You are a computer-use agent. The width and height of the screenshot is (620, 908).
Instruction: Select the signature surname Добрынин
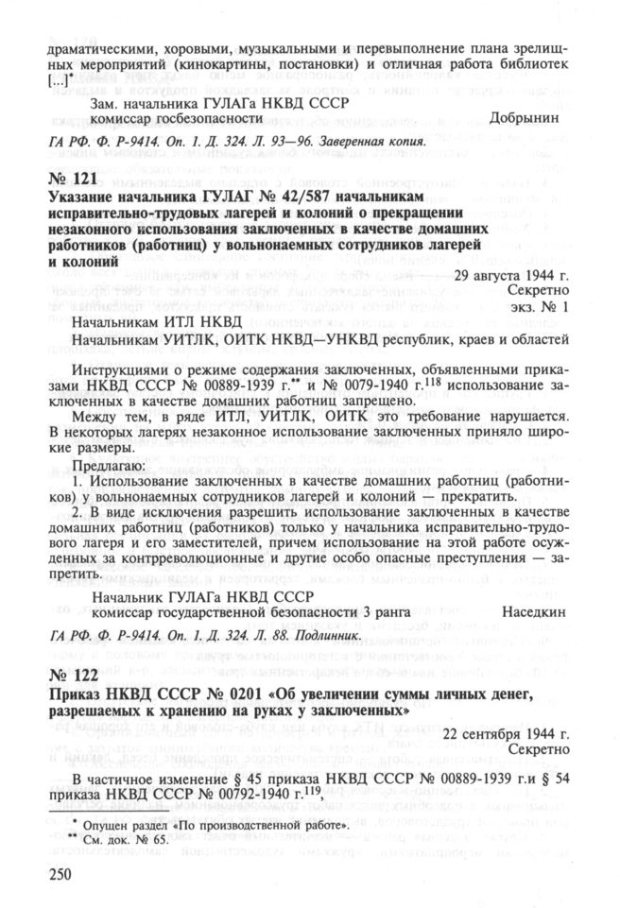529,119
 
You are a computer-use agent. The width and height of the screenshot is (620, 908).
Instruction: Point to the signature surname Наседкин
531,612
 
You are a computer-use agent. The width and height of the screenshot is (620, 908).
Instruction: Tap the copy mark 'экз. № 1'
538,308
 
